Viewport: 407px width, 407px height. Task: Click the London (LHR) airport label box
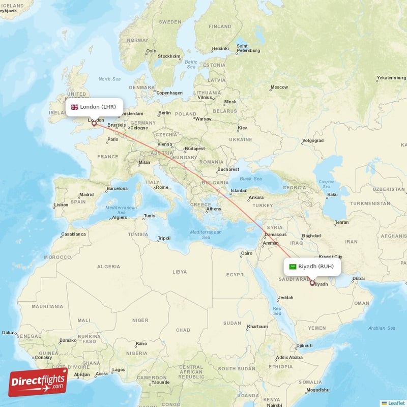(x=94, y=107)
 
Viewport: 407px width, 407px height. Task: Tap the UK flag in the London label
(x=74, y=107)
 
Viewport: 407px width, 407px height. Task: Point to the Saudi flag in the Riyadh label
(x=293, y=266)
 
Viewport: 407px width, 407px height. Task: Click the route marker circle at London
(x=94, y=123)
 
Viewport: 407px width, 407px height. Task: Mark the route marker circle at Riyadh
(x=312, y=283)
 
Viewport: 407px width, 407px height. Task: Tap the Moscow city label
(x=279, y=87)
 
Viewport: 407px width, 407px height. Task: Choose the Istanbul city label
(x=239, y=191)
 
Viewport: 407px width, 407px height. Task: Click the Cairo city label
(x=247, y=253)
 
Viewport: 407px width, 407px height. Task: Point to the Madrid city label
(x=86, y=194)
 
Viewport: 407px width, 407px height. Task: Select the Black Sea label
(x=250, y=179)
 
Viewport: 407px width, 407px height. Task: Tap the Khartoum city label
(x=256, y=326)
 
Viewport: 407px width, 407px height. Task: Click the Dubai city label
(x=359, y=278)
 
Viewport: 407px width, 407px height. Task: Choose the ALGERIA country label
(x=109, y=266)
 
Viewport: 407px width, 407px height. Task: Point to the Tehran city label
(x=341, y=222)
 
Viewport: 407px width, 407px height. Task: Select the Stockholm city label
(x=169, y=56)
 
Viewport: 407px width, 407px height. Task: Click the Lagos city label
(x=119, y=369)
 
